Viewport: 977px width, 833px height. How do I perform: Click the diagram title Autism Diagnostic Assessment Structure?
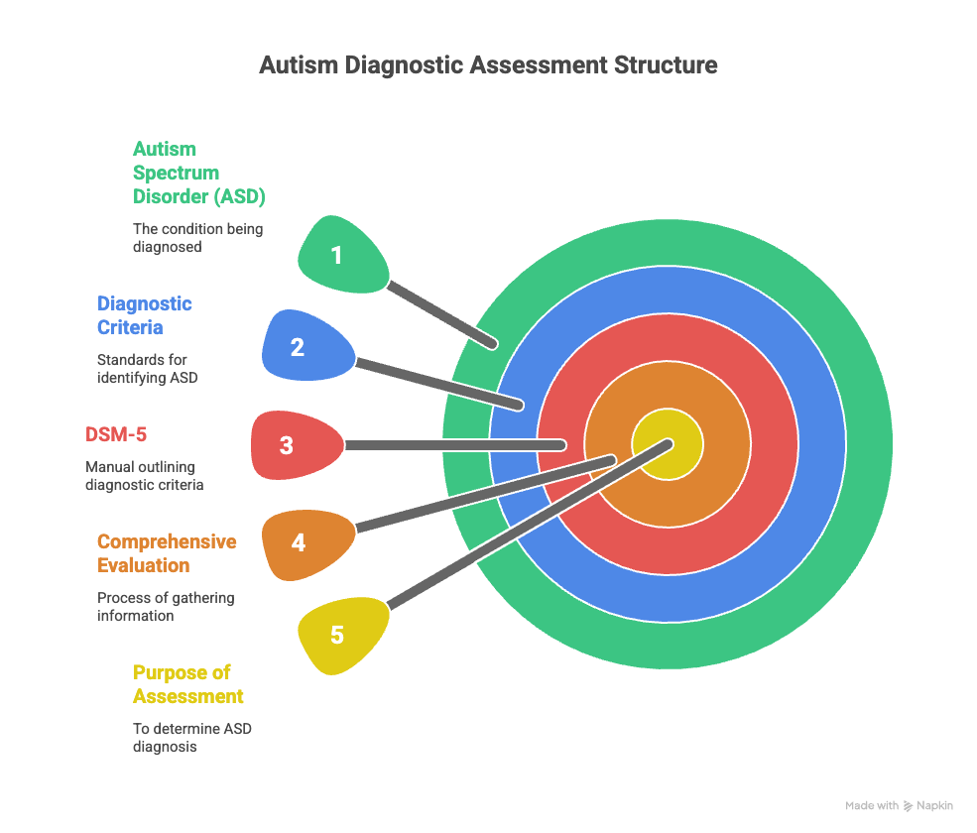point(488,65)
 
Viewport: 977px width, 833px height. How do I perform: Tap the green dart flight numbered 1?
point(340,255)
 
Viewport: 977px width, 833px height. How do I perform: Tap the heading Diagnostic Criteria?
point(144,315)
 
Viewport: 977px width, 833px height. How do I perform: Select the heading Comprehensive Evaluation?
point(167,553)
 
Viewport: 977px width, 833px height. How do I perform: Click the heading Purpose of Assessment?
point(188,684)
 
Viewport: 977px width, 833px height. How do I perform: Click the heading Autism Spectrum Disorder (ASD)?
point(198,173)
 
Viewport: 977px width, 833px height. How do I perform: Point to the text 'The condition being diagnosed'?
point(197,237)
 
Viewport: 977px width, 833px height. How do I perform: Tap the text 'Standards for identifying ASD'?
point(147,368)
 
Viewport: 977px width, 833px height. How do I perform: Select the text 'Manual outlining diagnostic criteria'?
point(144,475)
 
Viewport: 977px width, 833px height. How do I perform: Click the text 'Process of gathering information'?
point(166,606)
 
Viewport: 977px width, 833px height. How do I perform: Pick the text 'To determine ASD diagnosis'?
point(192,737)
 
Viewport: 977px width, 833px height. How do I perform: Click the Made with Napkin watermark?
point(899,805)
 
